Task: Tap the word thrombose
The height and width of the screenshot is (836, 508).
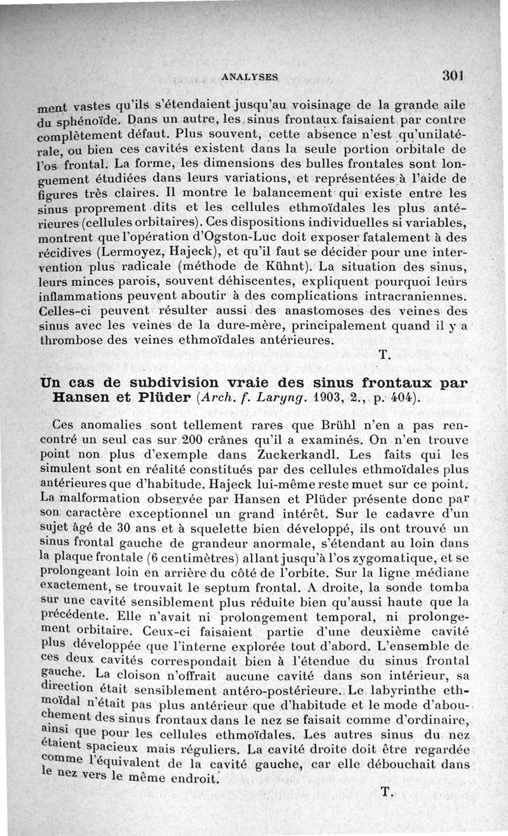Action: [x=69, y=340]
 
